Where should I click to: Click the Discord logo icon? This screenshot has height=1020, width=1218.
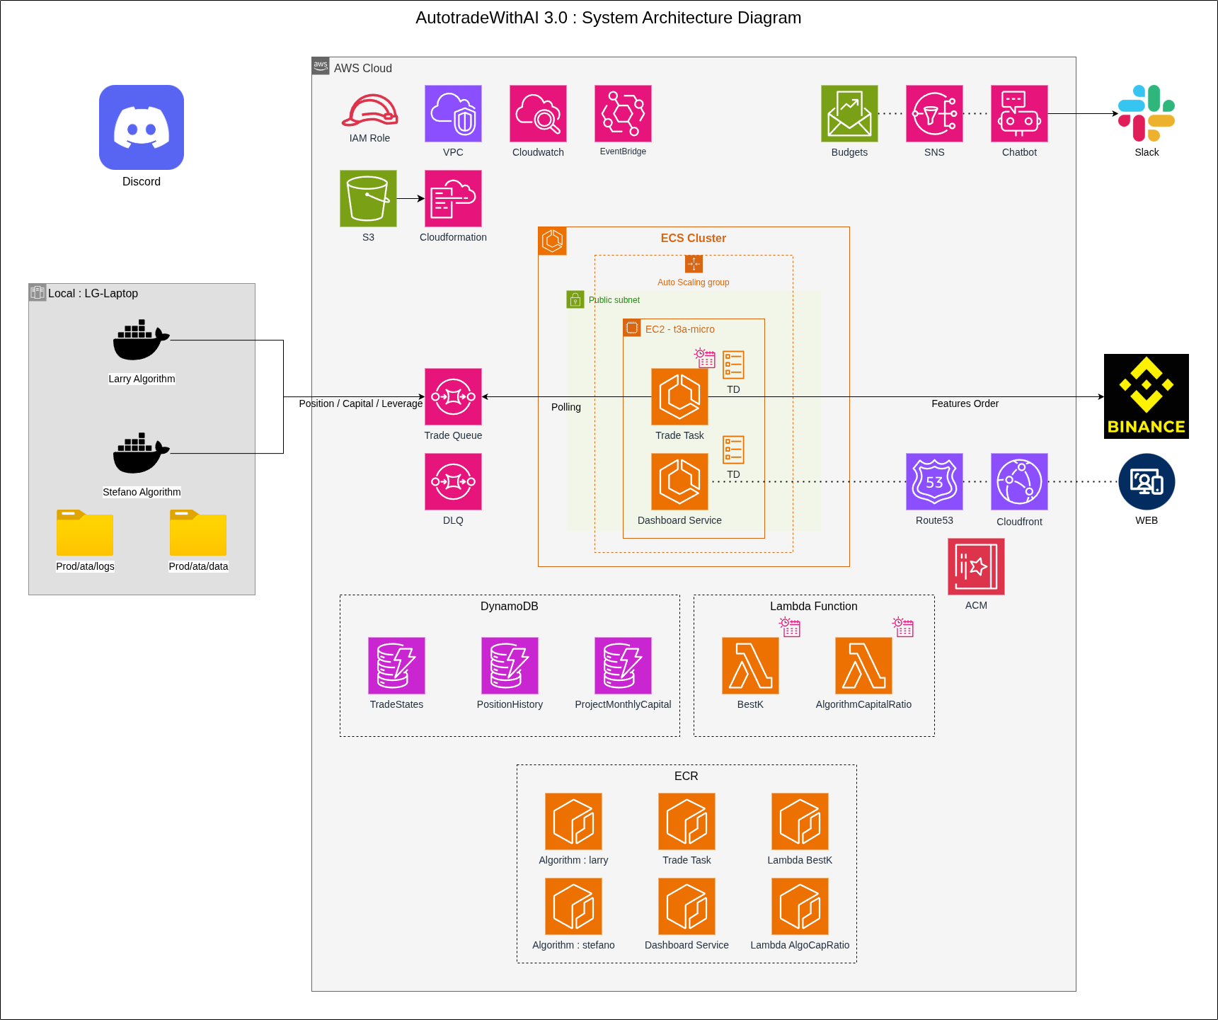pyautogui.click(x=142, y=127)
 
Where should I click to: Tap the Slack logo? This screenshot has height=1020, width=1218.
pyautogui.click(x=1147, y=113)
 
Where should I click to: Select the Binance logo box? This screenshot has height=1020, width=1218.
pyautogui.click(x=1146, y=396)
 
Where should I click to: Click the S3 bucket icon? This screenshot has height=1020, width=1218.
pyautogui.click(x=368, y=198)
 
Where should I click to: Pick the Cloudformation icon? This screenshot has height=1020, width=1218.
pyautogui.click(x=453, y=198)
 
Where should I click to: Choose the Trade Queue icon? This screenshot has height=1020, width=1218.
pyautogui.click(x=453, y=396)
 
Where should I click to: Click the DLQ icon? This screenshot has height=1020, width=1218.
pyautogui.click(x=453, y=481)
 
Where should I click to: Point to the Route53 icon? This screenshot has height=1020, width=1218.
pyautogui.click(x=934, y=481)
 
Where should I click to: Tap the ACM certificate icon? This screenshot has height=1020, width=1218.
pyautogui.click(x=976, y=566)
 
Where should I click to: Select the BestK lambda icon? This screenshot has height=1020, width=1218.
pyautogui.click(x=750, y=665)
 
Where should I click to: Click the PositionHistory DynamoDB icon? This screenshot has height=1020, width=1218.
pyautogui.click(x=510, y=665)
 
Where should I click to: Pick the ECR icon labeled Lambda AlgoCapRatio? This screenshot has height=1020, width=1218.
pyautogui.click(x=800, y=906)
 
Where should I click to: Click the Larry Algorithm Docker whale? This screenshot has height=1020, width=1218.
pyautogui.click(x=140, y=340)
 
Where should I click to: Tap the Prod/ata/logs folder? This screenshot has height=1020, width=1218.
pyautogui.click(x=85, y=533)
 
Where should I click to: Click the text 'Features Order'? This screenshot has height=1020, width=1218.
pyautogui.click(x=965, y=403)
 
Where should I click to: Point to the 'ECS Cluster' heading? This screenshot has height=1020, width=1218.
pyautogui.click(x=693, y=239)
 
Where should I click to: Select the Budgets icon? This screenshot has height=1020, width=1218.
pyautogui.click(x=849, y=113)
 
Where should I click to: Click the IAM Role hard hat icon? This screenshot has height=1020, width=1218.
pyautogui.click(x=369, y=111)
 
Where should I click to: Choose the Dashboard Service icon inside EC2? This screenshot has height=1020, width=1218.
pyautogui.click(x=679, y=481)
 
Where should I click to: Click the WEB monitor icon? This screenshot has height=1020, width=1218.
pyautogui.click(x=1147, y=481)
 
